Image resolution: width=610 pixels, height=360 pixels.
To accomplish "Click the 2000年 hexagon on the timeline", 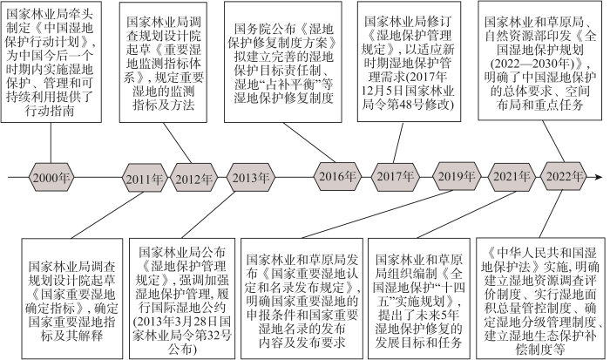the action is (x=51, y=178).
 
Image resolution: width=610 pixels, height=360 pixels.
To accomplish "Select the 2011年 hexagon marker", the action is (x=145, y=178).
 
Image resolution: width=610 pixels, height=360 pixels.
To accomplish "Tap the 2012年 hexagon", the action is (x=193, y=178).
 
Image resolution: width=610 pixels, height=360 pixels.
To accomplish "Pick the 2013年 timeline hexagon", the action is (x=251, y=178).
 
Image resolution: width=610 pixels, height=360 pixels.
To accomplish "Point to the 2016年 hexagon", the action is (x=337, y=176).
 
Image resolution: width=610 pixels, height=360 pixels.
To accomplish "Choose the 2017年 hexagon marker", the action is (x=396, y=176).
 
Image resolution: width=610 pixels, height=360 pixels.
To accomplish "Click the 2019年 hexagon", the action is (x=457, y=176).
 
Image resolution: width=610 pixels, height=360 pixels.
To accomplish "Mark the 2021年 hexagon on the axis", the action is (x=512, y=176).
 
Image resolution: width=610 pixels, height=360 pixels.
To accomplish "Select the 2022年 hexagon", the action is (x=565, y=176).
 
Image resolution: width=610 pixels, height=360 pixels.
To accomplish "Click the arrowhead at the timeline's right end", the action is (x=599, y=178).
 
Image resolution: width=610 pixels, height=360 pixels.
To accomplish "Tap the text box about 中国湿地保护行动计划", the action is (x=51, y=62).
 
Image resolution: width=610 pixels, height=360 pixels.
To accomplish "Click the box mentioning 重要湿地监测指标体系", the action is (x=163, y=63).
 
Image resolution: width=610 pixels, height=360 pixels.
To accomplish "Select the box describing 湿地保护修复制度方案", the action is (x=283, y=62).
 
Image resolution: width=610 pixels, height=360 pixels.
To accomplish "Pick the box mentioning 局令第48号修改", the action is (x=410, y=62).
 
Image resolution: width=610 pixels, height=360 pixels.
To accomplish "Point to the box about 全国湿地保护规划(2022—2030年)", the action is (x=541, y=61).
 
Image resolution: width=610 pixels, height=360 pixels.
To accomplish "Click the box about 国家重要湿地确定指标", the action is (x=72, y=298).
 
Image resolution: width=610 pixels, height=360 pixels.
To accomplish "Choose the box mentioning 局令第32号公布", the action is (x=182, y=298).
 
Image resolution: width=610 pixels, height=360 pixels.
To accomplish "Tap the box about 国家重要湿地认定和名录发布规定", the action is (x=302, y=298).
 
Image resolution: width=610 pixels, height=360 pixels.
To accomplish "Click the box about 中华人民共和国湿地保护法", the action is (x=540, y=298).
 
